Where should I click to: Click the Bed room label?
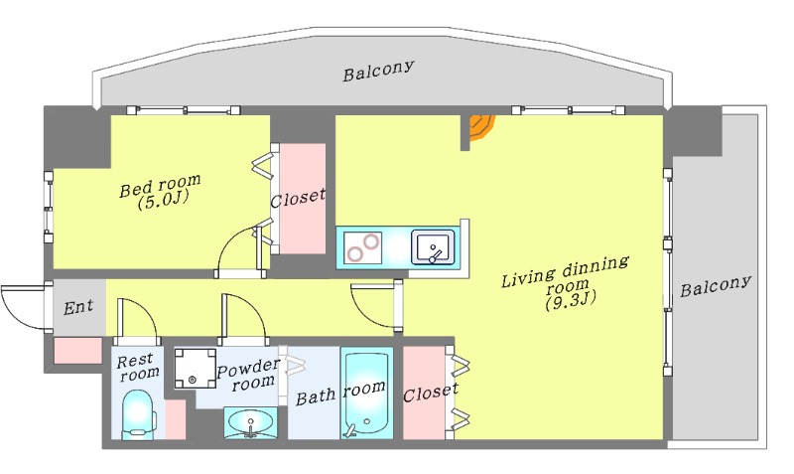pyautogui.click(x=160, y=185)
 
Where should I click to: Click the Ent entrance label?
pyautogui.click(x=78, y=307)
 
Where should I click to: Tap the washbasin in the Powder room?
pyautogui.click(x=250, y=424)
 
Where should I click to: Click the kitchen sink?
pyautogui.click(x=432, y=245)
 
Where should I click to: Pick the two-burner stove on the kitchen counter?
pyautogui.click(x=362, y=246)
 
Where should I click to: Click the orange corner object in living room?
pyautogui.click(x=481, y=126)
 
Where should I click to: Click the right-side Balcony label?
pyautogui.click(x=716, y=287)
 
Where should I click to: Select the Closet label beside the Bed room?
pyautogui.click(x=298, y=196)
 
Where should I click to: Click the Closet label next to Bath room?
pyautogui.click(x=430, y=392)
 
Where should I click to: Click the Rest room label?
pyautogui.click(x=138, y=367)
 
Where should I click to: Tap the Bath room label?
pyautogui.click(x=340, y=394)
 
